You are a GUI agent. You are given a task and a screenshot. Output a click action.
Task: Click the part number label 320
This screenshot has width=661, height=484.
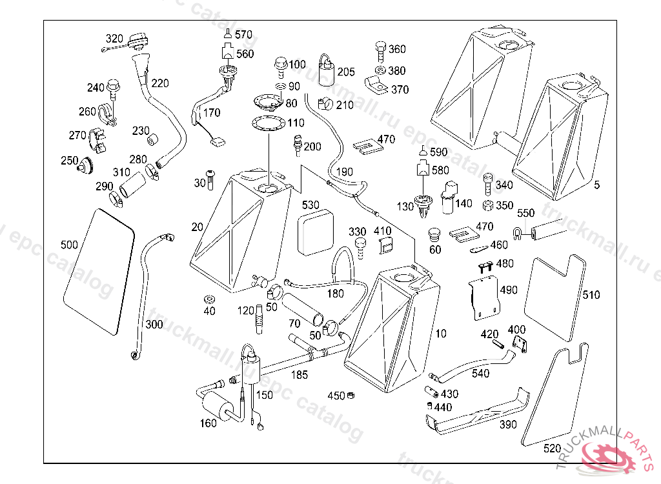click(114, 39)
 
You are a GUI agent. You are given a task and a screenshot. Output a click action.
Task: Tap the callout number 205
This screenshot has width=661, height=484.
click(346, 72)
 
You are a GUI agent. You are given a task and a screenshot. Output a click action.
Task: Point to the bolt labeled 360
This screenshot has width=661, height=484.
click(380, 49)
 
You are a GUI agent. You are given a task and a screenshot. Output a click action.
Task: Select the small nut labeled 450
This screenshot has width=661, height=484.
click(352, 395)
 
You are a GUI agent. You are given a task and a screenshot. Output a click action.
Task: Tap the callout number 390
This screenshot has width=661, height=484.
click(508, 425)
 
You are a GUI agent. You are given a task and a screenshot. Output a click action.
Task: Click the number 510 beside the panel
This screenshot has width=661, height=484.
click(591, 295)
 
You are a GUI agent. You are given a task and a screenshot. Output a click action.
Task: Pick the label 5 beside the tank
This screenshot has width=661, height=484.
click(597, 185)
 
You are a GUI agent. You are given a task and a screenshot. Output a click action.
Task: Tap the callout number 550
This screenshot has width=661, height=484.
click(526, 212)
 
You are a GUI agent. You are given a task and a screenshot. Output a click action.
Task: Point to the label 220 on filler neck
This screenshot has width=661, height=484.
click(160, 83)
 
